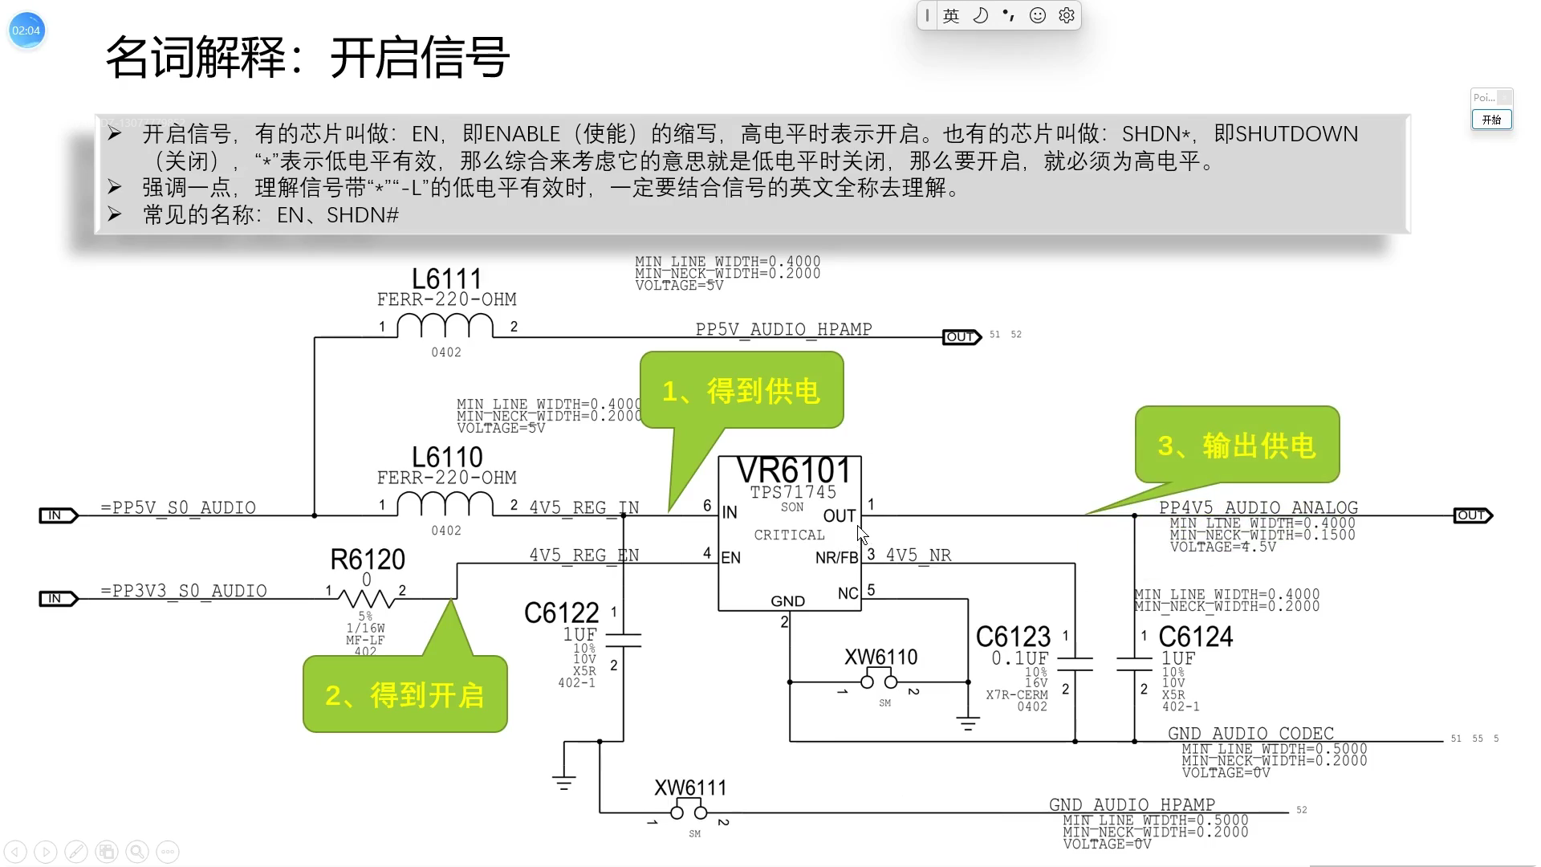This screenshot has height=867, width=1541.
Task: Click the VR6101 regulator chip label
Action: pyautogui.click(x=793, y=471)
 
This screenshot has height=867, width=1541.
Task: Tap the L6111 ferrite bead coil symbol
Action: pyautogui.click(x=445, y=327)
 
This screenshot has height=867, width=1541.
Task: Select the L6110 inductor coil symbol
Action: pyautogui.click(x=445, y=504)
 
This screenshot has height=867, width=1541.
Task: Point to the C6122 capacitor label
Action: pyautogui.click(x=561, y=613)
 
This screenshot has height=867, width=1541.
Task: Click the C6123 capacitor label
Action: pyautogui.click(x=1013, y=637)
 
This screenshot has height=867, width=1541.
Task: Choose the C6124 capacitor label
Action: pyautogui.click(x=1195, y=637)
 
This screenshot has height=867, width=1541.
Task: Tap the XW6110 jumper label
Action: pyautogui.click(x=880, y=657)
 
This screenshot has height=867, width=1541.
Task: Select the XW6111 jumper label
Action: pyautogui.click(x=690, y=788)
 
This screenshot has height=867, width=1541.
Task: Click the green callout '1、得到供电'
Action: pyautogui.click(x=741, y=391)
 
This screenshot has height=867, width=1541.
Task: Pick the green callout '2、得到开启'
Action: pyautogui.click(x=405, y=694)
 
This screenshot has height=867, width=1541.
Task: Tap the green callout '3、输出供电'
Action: pyautogui.click(x=1237, y=445)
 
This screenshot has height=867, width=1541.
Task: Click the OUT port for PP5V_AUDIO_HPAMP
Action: pyautogui.click(x=961, y=337)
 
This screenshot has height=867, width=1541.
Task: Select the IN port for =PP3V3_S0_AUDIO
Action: pyautogui.click(x=58, y=599)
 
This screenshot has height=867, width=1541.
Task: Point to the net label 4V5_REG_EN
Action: pyautogui.click(x=583, y=555)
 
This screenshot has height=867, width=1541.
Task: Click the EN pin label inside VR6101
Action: pyautogui.click(x=730, y=558)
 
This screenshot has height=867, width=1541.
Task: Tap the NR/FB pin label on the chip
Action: pyautogui.click(x=836, y=558)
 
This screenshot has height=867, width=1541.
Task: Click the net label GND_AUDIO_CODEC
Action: pyautogui.click(x=1250, y=733)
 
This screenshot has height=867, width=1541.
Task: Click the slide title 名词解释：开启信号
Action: pyautogui.click(x=307, y=58)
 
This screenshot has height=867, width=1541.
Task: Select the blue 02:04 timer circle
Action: pyautogui.click(x=26, y=31)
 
